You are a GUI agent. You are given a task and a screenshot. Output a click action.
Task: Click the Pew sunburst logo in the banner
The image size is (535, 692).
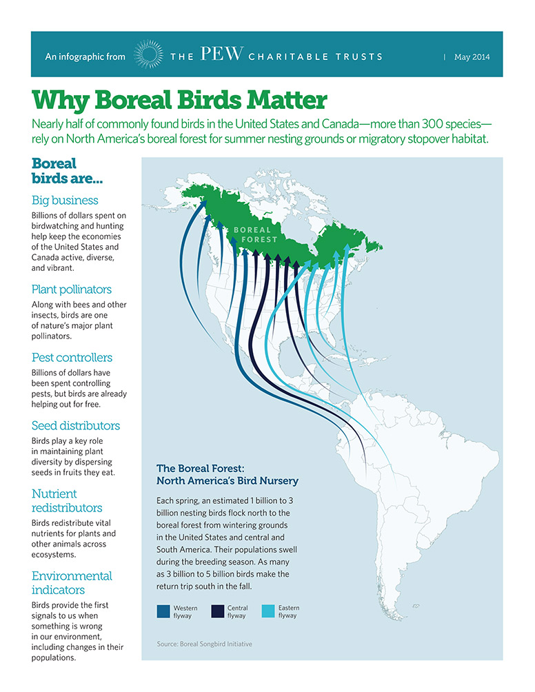click(x=148, y=54)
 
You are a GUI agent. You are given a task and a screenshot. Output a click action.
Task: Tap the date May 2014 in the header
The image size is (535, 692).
click(x=472, y=57)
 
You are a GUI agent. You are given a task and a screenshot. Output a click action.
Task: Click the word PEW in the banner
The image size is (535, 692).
click(x=221, y=54)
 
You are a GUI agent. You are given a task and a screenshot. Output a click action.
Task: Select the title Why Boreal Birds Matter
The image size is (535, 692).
click(x=179, y=100)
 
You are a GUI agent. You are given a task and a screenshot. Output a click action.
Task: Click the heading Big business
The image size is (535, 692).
click(x=65, y=201)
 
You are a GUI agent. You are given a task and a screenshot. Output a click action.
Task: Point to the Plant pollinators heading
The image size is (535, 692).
click(x=72, y=289)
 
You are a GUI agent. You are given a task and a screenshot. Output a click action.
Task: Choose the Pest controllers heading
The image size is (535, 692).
click(x=72, y=358)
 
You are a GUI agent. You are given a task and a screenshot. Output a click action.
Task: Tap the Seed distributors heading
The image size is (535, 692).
click(x=76, y=425)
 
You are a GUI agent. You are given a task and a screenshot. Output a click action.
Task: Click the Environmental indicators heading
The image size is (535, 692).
click(x=72, y=582)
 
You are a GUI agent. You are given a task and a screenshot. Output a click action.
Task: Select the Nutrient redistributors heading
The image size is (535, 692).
click(x=67, y=500)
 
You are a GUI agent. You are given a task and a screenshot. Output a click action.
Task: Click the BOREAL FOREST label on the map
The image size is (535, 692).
click(x=255, y=235)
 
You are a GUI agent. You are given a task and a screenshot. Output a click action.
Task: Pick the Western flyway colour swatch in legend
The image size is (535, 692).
click(x=163, y=611)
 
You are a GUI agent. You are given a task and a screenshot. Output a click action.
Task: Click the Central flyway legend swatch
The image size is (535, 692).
click(x=218, y=611)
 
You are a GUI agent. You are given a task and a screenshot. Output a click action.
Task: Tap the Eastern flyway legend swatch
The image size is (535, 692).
click(x=268, y=611)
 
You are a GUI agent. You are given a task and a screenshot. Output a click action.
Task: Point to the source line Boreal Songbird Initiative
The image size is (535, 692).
click(x=204, y=644)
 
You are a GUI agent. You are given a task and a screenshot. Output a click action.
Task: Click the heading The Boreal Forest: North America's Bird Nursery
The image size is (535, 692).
click(x=228, y=474)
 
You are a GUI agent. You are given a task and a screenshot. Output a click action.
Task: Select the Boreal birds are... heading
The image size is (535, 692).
click(x=67, y=171)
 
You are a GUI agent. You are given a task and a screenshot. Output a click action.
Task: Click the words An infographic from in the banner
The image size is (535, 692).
click(x=85, y=57)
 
